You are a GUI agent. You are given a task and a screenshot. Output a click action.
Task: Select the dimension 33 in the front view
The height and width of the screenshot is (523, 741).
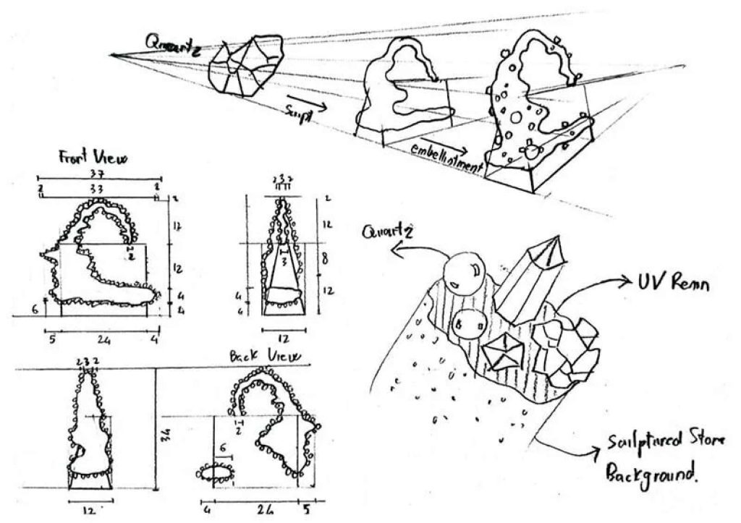(x=96, y=189)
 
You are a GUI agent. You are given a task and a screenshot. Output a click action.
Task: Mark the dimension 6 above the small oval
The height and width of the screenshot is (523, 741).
(x=224, y=448)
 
